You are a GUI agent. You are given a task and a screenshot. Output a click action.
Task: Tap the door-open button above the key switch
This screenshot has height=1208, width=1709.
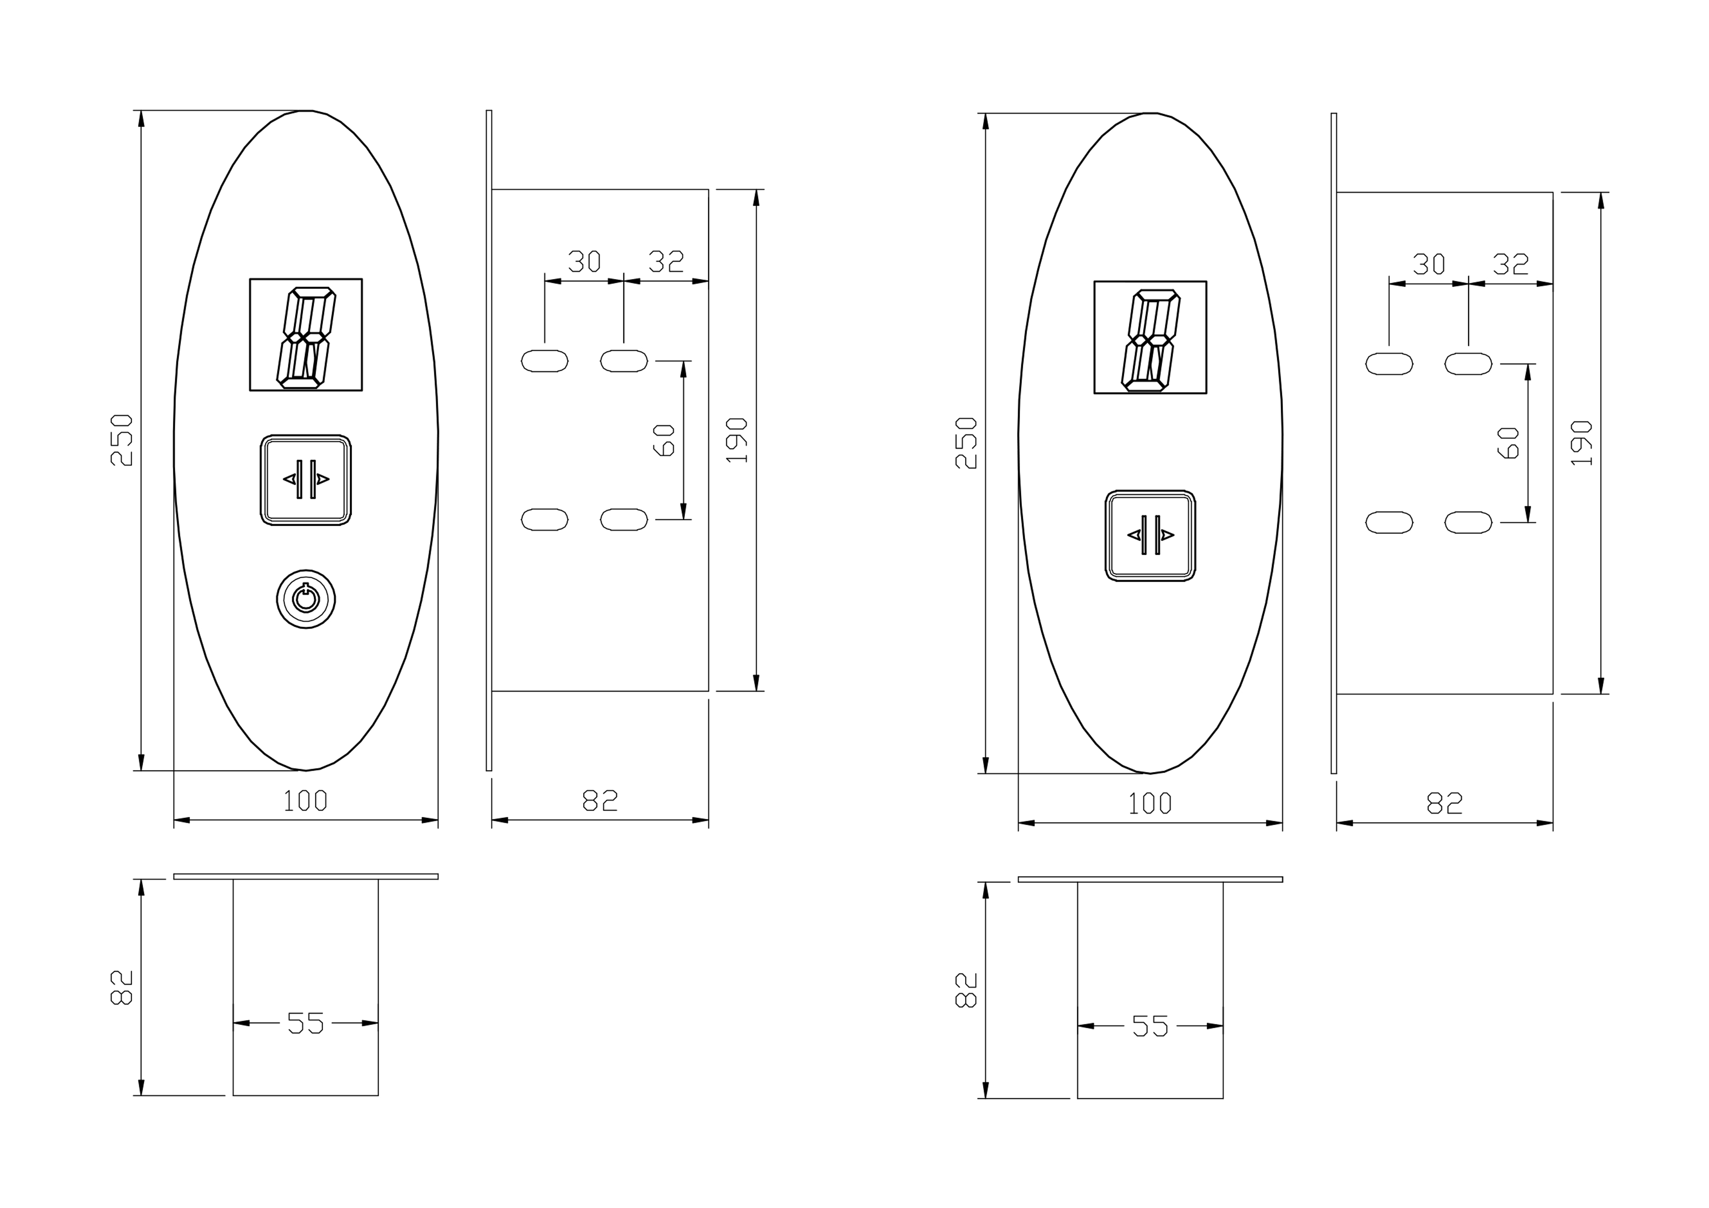305,480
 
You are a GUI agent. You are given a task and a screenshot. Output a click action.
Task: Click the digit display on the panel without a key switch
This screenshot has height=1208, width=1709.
1150,337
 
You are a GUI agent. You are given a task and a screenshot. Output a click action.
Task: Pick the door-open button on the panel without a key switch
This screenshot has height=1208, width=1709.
1150,535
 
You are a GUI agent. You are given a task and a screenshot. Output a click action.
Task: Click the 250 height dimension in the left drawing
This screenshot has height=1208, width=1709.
121,440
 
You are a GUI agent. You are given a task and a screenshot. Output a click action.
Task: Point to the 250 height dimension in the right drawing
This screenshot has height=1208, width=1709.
966,443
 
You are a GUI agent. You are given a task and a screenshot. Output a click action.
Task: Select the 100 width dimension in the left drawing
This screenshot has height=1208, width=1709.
305,801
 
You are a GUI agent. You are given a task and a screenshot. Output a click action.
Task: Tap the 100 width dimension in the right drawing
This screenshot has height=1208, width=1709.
1150,804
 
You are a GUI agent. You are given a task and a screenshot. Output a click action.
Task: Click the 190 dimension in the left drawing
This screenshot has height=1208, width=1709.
737,440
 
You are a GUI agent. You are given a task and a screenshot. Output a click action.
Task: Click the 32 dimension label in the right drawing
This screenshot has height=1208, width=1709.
1511,264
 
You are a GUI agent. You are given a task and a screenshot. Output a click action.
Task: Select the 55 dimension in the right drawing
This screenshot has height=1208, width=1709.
1150,1026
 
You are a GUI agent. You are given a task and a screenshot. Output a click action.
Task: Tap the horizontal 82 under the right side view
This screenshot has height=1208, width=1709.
1444,804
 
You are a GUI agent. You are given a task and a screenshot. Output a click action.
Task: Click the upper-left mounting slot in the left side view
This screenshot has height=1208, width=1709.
545,361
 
